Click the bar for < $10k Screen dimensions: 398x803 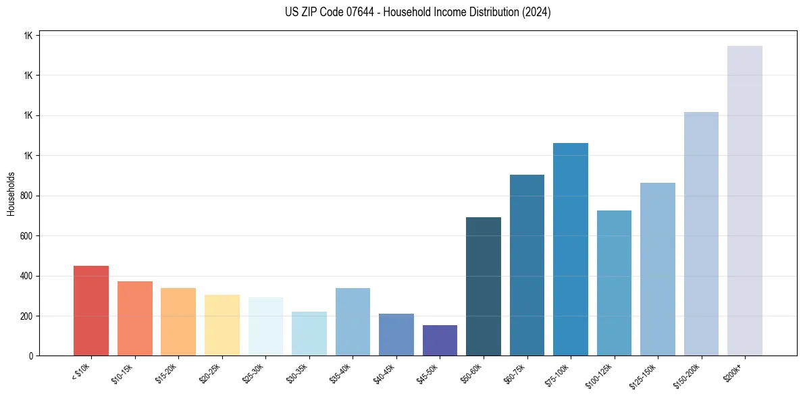click(x=91, y=311)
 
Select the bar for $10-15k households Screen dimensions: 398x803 click(x=134, y=318)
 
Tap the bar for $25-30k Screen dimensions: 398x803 click(x=265, y=326)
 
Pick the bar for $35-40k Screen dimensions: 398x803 click(x=353, y=322)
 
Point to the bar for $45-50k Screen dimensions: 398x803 click(x=440, y=341)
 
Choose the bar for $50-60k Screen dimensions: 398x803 click(x=484, y=287)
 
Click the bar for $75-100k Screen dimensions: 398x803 click(x=571, y=250)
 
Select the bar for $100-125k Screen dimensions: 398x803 click(x=614, y=283)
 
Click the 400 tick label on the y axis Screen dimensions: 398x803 click(x=26, y=276)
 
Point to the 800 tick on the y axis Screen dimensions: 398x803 click(x=26, y=196)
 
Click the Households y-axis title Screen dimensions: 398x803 click(x=11, y=194)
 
